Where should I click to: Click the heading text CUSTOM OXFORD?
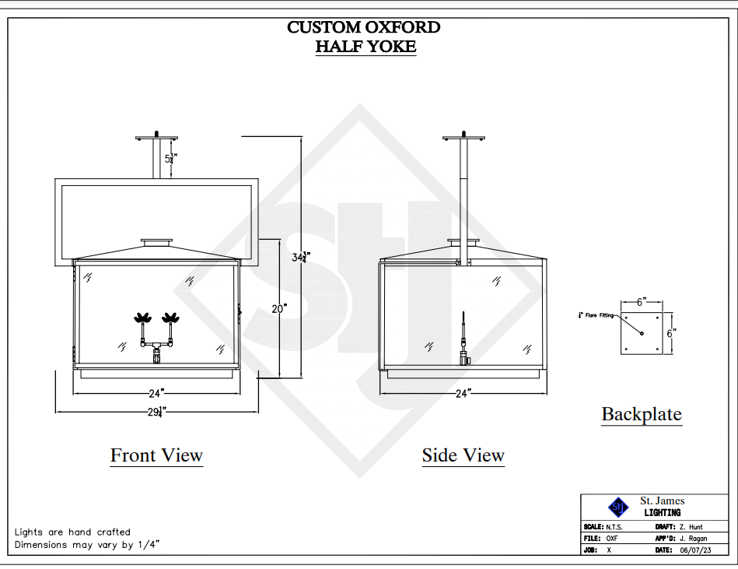[x=364, y=27]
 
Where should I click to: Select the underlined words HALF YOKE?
[x=366, y=47]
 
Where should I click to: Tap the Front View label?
[x=156, y=455]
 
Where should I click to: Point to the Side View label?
[x=463, y=455]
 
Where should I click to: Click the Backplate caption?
[x=642, y=414]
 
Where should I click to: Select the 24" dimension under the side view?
[x=464, y=393]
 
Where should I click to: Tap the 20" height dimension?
[x=279, y=308]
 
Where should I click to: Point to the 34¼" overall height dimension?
[x=301, y=256]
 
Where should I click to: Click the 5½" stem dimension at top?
[x=170, y=158]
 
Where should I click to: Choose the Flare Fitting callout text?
[x=598, y=315]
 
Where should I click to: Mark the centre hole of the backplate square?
[x=642, y=333]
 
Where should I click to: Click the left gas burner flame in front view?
[x=143, y=318]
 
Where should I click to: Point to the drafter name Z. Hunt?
[x=689, y=527]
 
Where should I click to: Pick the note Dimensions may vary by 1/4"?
[x=87, y=545]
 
